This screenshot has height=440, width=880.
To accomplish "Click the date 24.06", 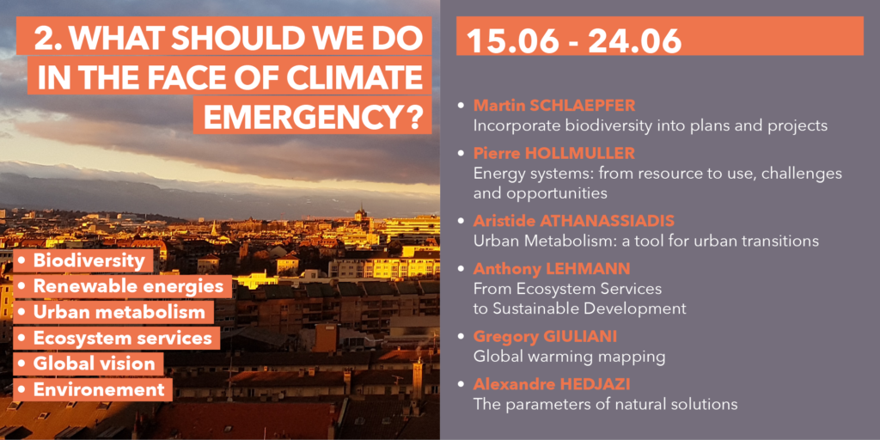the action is pyautogui.click(x=635, y=40).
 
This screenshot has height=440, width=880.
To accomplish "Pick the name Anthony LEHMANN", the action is pyautogui.click(x=552, y=268).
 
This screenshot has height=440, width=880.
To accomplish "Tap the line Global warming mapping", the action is pyautogui.click(x=569, y=357).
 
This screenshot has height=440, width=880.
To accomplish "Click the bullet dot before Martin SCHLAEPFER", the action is pyautogui.click(x=461, y=106).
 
